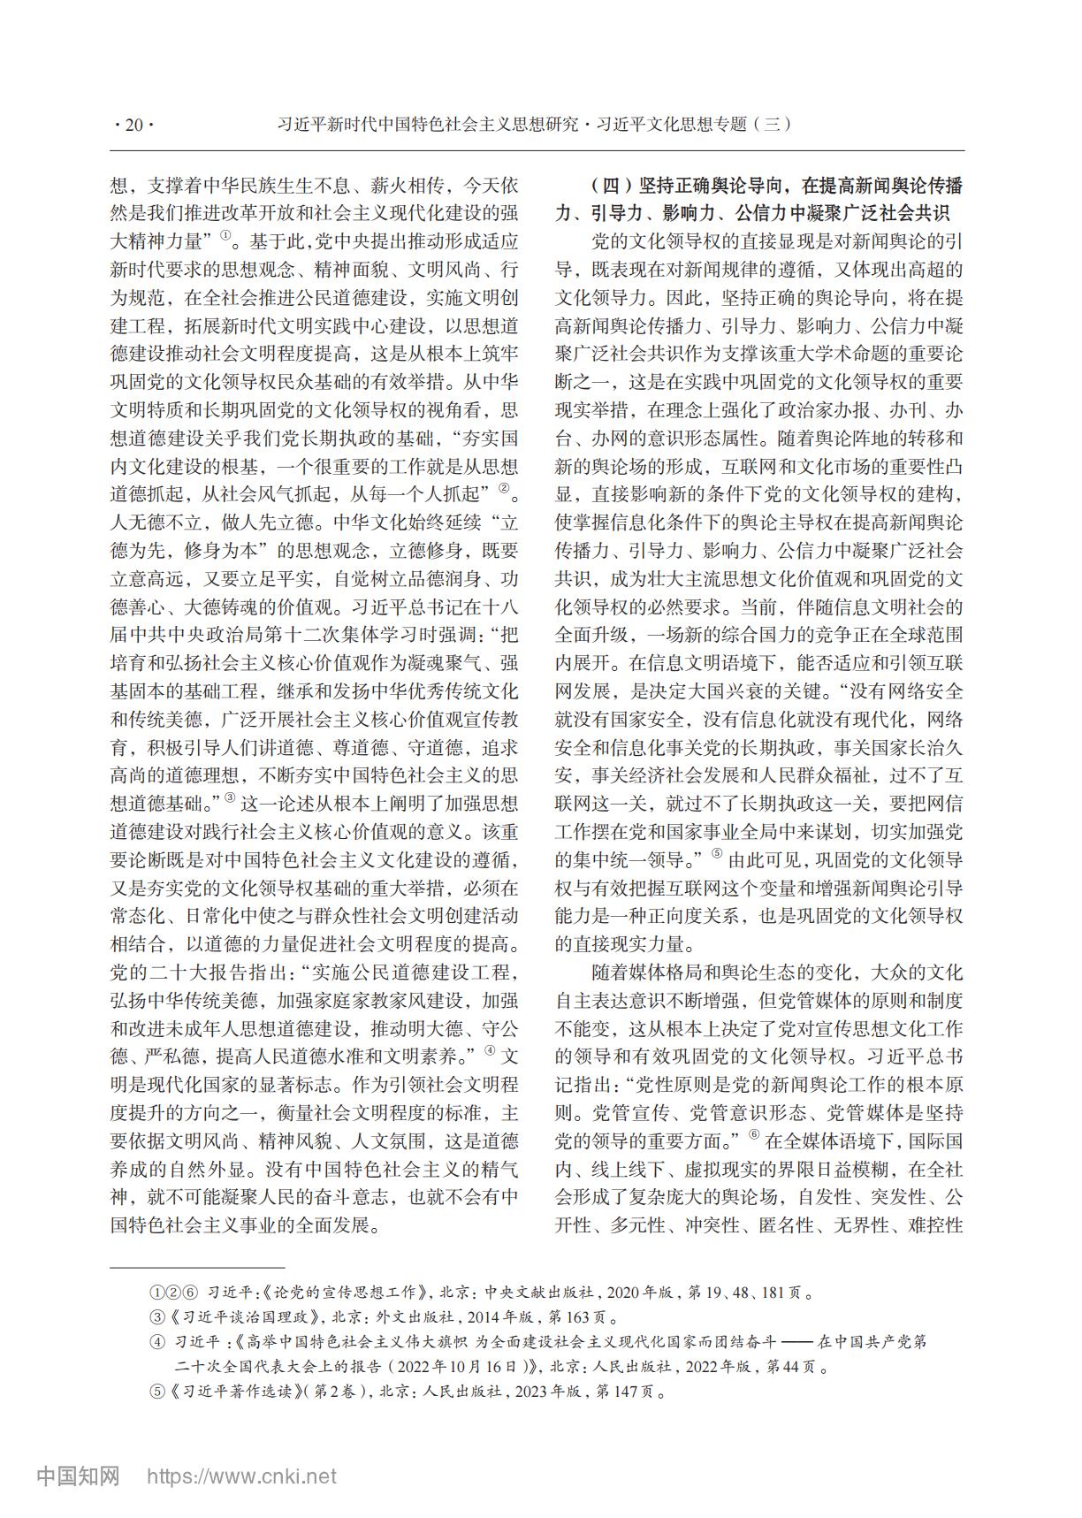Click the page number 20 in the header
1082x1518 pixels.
click(134, 126)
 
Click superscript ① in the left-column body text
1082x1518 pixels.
click(226, 235)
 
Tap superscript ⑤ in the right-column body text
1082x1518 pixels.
click(717, 853)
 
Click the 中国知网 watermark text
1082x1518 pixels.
click(78, 1476)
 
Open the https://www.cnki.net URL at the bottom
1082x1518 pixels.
click(240, 1476)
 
